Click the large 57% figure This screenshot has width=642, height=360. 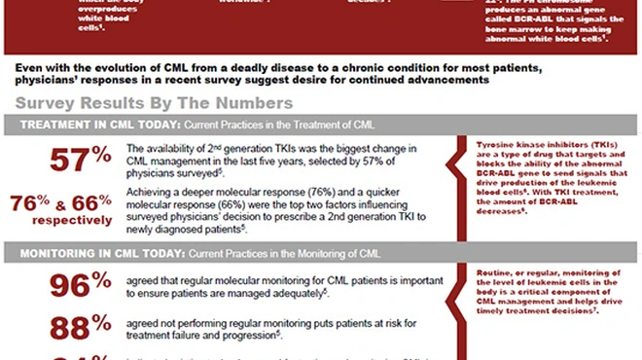pos(81,161)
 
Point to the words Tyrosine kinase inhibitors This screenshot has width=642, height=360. pos(524,144)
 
